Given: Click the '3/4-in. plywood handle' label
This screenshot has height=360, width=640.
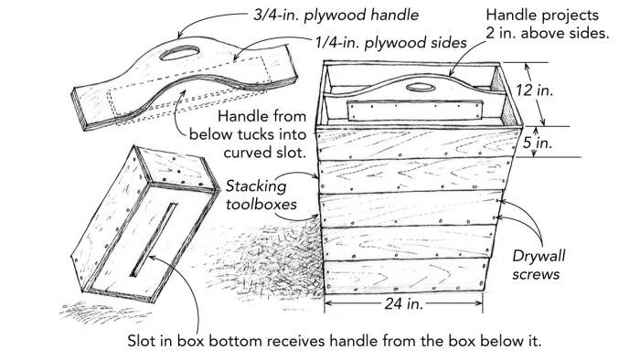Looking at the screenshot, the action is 336,16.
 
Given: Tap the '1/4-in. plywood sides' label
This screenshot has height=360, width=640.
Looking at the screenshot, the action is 390,42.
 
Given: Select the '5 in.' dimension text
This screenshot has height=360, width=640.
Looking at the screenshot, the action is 538,143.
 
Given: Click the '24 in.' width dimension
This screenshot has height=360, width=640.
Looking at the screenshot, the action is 403,303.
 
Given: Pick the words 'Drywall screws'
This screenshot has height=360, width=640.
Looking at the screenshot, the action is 539,265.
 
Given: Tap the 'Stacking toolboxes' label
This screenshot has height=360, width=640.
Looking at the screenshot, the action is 261,195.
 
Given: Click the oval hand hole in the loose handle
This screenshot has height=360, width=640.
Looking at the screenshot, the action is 179,53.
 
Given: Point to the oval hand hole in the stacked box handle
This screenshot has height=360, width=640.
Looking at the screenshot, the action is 421,87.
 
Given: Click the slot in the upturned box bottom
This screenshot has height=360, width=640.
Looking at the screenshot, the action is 154,239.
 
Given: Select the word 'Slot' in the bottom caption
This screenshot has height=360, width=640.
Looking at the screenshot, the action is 141,341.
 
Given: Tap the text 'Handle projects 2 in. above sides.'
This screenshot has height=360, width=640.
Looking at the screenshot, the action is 547,24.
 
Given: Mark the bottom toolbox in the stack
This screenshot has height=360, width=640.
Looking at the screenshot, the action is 406,276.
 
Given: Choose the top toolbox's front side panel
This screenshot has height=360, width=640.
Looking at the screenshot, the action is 418,143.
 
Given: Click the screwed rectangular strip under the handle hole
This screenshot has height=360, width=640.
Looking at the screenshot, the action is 414,111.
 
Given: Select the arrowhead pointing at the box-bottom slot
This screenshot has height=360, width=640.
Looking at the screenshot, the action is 152,257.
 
